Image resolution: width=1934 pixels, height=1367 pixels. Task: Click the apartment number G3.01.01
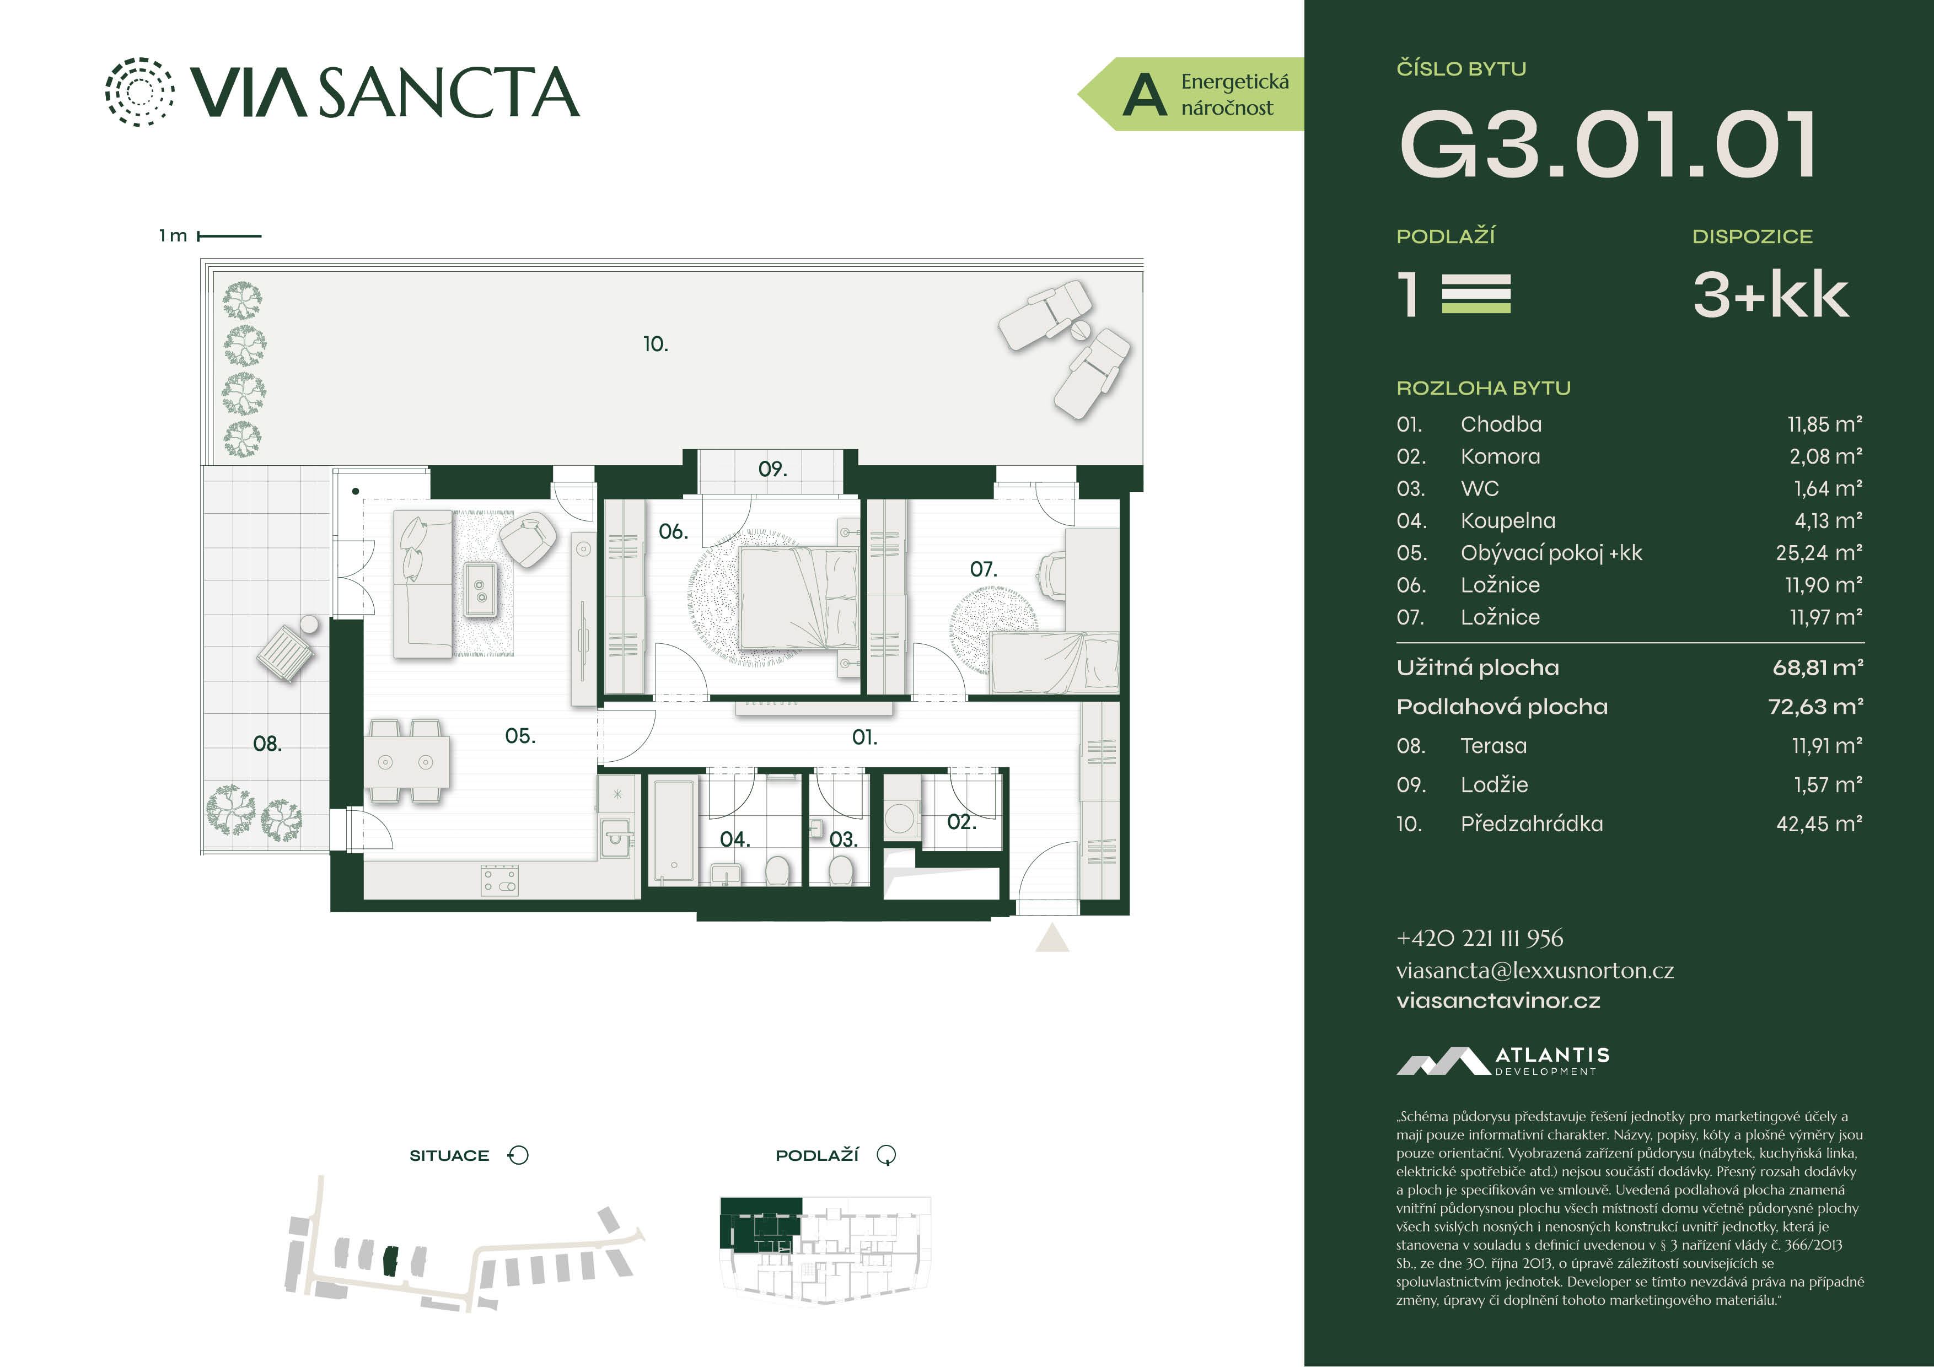point(1607,145)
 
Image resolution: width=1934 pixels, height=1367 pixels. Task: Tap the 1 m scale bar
point(229,236)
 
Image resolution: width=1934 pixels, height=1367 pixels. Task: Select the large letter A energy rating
point(1145,94)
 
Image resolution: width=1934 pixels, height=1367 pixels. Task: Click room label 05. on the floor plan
point(520,736)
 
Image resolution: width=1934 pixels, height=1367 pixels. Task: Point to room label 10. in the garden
point(656,343)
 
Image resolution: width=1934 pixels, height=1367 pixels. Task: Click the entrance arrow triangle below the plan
point(1051,938)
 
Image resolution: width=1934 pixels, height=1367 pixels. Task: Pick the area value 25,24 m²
point(1819,552)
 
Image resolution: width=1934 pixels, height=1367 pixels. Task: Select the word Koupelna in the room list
point(1508,520)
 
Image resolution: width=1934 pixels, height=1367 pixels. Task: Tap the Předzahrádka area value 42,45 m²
point(1819,824)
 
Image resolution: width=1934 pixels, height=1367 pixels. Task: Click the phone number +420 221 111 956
point(1479,938)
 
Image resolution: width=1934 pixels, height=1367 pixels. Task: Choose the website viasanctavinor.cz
point(1498,1000)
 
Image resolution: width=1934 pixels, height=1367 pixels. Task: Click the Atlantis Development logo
point(1503,1061)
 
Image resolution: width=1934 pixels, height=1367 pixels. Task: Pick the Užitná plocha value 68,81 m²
point(1818,668)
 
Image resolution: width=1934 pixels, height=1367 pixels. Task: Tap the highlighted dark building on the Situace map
point(390,1261)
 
